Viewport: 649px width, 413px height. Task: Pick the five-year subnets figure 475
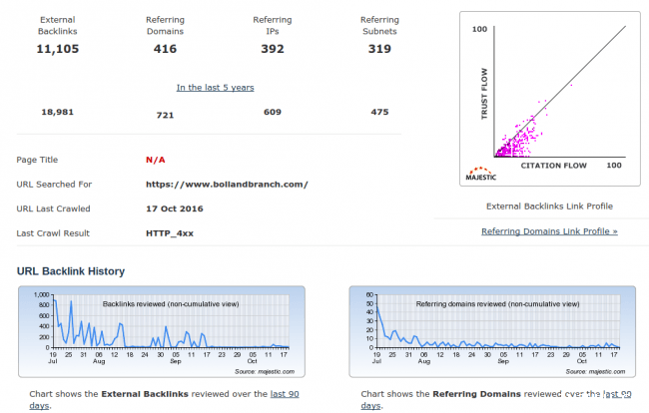[379, 112]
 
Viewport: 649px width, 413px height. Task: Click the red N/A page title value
[155, 160]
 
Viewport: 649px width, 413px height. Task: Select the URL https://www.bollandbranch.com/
[227, 185]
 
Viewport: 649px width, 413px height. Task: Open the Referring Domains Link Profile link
[549, 231]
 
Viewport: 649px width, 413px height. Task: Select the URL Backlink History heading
[71, 271]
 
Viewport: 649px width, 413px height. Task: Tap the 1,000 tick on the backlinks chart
[40, 295]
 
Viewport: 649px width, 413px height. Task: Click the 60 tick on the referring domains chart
[367, 295]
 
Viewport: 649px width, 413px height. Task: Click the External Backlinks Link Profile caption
[549, 206]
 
